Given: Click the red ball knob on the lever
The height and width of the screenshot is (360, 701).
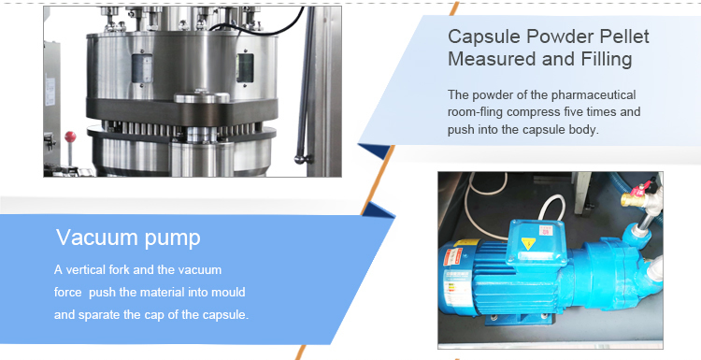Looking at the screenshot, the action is pos(70,137).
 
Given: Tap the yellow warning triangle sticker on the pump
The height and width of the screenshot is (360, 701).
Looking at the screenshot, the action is pos(528,243).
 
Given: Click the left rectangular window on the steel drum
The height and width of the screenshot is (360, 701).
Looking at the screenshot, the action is pos(142,68).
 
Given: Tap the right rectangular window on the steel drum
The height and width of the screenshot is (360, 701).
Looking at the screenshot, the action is pos(245,68).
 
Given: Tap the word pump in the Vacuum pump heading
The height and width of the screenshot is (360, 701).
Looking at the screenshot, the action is pos(172,238).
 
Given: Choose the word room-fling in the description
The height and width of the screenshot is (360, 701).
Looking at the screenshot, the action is pos(475,112).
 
